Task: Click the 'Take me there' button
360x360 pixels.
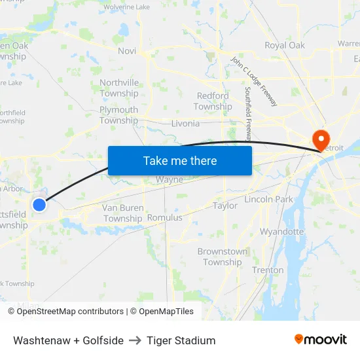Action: (x=180, y=160)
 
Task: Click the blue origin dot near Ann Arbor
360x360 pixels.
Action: (x=39, y=205)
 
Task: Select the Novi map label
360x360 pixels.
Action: (x=127, y=50)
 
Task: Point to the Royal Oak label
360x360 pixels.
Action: (x=285, y=45)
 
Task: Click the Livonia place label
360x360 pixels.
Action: (x=185, y=123)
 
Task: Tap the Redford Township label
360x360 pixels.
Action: (x=213, y=101)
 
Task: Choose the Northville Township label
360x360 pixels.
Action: (x=119, y=88)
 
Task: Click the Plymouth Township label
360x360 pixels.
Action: (x=118, y=115)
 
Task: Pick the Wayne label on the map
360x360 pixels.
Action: (x=169, y=180)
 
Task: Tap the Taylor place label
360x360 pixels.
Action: (x=225, y=206)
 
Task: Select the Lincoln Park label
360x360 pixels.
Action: (x=268, y=199)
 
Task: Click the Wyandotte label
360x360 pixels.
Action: (x=281, y=232)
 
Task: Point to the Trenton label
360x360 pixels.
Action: (x=268, y=270)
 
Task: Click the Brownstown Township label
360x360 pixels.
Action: (x=223, y=257)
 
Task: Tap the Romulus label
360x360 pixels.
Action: (x=165, y=217)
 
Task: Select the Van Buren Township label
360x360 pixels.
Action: (x=122, y=213)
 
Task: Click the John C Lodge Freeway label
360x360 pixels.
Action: (x=254, y=82)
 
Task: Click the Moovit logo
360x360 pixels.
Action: (x=321, y=340)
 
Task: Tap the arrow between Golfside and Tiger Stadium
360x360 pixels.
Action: (x=135, y=340)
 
